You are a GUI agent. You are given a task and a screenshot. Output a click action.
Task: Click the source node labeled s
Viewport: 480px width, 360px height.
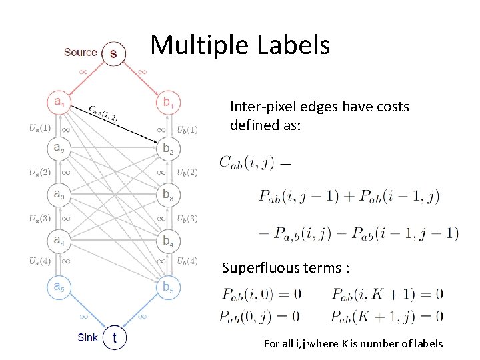tap(113, 53)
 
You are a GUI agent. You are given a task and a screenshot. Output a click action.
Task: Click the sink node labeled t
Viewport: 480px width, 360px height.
tap(115, 338)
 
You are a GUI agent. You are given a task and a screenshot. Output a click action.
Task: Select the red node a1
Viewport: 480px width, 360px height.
tap(60, 102)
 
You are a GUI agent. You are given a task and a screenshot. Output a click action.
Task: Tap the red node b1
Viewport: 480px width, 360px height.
tap(167, 102)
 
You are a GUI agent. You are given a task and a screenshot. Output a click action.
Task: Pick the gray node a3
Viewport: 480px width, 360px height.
tap(60, 194)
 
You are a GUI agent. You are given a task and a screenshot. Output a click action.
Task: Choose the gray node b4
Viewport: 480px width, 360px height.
tap(167, 240)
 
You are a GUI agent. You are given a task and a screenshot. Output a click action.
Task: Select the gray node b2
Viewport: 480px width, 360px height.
tap(167, 149)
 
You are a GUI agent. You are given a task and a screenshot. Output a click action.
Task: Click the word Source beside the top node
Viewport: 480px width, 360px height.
tap(80, 52)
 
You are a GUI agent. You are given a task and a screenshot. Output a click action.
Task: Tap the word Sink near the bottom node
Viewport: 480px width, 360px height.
tap(87, 337)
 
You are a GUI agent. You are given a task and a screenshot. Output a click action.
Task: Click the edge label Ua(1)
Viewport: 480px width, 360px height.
tap(40, 127)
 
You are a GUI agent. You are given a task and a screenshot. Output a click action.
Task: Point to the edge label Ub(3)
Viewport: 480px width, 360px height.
tap(187, 218)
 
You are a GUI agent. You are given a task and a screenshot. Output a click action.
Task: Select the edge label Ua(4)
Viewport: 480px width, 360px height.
tap(40, 261)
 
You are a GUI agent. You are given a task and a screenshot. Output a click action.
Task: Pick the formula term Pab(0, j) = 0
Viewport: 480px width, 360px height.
tap(259, 315)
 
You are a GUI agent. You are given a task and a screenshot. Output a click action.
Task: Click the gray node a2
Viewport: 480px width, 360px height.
tap(60, 148)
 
